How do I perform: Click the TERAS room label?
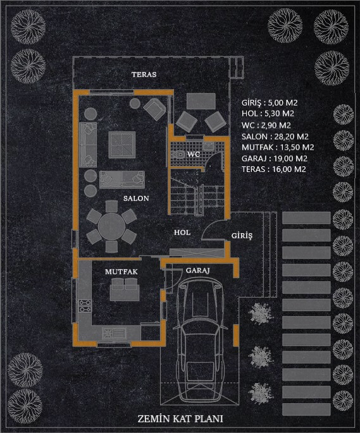[144, 75]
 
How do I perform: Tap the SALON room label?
[136, 198]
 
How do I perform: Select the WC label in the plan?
[194, 154]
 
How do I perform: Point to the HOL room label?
[182, 233]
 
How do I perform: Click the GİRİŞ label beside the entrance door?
[242, 236]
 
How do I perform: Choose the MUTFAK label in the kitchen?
[121, 272]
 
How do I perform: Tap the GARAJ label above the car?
[197, 270]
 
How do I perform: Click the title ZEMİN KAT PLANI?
[180, 418]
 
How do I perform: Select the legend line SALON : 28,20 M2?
[275, 137]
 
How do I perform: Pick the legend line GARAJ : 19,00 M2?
[275, 159]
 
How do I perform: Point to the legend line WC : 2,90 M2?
[266, 125]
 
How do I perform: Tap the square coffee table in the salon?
[122, 145]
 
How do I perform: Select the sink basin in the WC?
[208, 146]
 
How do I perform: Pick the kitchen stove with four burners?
[85, 306]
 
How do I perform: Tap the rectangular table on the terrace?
[201, 101]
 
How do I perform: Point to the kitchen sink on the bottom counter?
[114, 333]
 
